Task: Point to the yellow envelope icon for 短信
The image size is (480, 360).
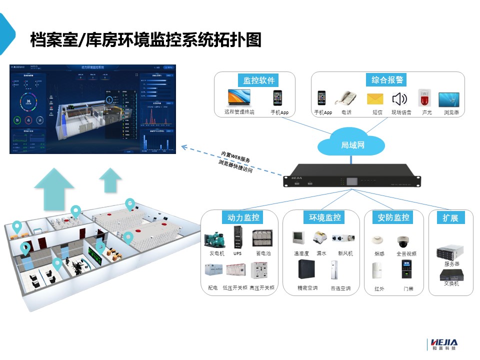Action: (374, 98)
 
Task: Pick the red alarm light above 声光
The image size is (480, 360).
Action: (426, 97)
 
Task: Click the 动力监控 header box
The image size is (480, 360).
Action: (243, 217)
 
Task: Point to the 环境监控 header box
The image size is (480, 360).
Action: (322, 217)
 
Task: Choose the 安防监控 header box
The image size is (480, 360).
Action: (393, 217)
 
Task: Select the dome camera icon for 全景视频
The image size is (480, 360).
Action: (403, 241)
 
